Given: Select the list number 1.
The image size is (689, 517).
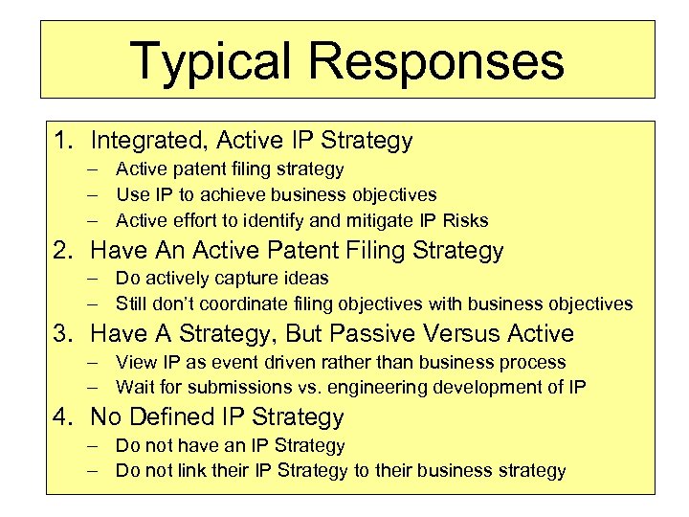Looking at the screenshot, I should pos(62,141).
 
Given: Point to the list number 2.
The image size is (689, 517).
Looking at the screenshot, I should pos(62,251).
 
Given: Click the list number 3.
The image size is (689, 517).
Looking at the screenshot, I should pos(62,334).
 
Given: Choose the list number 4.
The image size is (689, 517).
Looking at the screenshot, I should pos(62,417).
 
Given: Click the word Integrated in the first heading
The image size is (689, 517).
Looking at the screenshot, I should pos(147,141).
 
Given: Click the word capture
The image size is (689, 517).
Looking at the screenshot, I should pos(233,279).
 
